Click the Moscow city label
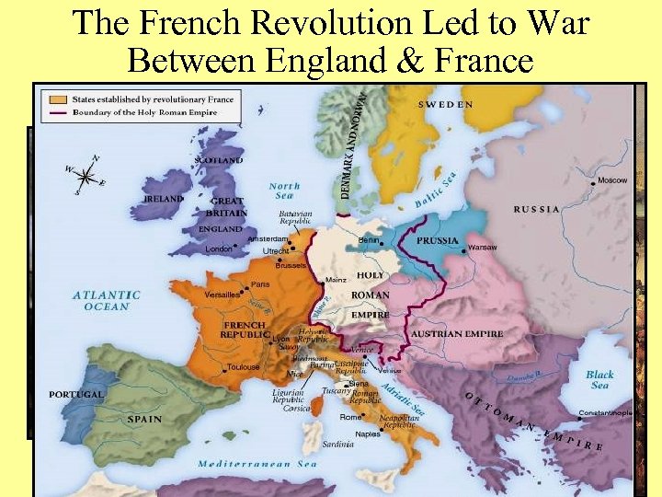pos(611,179)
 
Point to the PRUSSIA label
pos(439,240)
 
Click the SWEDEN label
pos(446,105)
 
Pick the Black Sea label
pos(599,379)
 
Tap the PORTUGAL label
pos(76,394)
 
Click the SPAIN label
pos(144,420)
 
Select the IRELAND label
pos(164,198)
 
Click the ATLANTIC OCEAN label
pos(107,301)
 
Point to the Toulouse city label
pos(244,366)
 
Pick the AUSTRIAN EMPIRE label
pos(456,332)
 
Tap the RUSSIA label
pos(537,209)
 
